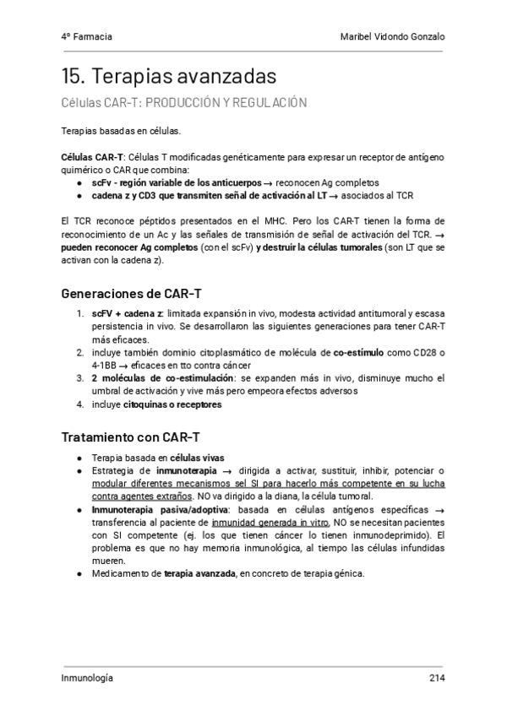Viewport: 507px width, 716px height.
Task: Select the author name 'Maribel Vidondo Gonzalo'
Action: coord(390,37)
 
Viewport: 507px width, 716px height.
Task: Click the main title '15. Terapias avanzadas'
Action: coord(169,77)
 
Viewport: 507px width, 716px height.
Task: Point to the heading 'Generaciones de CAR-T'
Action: coord(131,294)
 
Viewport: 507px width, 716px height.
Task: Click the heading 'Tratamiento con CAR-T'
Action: coord(131,437)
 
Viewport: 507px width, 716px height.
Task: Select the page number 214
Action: coord(437,678)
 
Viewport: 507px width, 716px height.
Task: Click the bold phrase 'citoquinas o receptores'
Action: coord(172,404)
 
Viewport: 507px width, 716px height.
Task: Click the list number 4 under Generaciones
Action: coord(79,404)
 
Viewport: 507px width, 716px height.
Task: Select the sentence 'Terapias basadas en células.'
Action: coord(121,133)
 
